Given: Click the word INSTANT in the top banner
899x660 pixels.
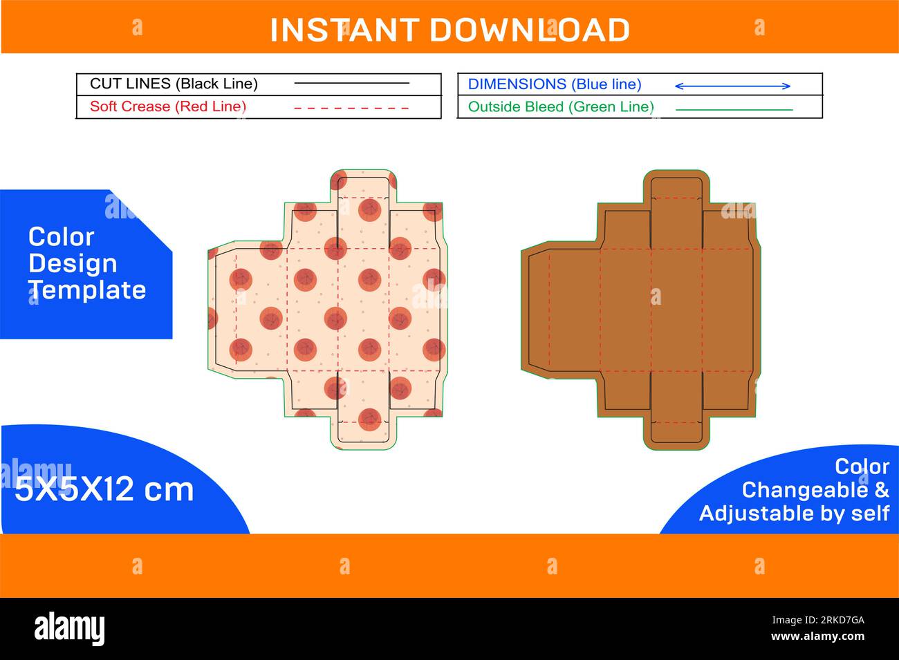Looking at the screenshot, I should (343, 30).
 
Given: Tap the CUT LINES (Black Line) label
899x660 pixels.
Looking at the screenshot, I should (174, 84).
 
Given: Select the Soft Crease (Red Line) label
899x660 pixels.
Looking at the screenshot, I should (168, 106).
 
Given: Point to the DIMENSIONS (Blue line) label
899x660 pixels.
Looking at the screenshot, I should (555, 84).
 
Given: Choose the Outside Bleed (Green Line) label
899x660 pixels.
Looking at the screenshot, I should (561, 106).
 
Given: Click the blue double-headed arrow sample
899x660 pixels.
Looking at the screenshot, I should (732, 86).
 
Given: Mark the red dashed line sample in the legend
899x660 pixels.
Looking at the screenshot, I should (351, 108).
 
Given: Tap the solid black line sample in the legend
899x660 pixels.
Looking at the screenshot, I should (351, 84).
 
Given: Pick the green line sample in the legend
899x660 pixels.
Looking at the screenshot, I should (734, 109).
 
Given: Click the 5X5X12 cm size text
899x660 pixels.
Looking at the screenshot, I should (104, 490).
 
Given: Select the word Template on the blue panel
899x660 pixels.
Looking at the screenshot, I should (88, 290).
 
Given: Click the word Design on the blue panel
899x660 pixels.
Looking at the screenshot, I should (73, 263).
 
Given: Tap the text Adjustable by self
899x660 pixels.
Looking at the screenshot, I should (794, 513).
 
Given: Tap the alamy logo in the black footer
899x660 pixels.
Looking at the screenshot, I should (70, 628).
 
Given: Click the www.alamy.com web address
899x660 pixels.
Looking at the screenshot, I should (817, 637).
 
